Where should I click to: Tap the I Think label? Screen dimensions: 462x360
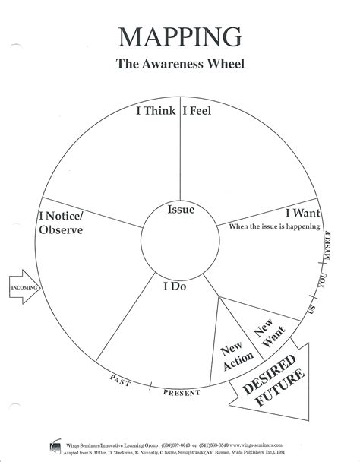(155, 111)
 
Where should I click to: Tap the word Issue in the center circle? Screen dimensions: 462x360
(181, 210)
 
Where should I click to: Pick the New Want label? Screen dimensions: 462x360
(264, 337)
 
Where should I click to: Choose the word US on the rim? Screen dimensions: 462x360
(309, 310)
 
